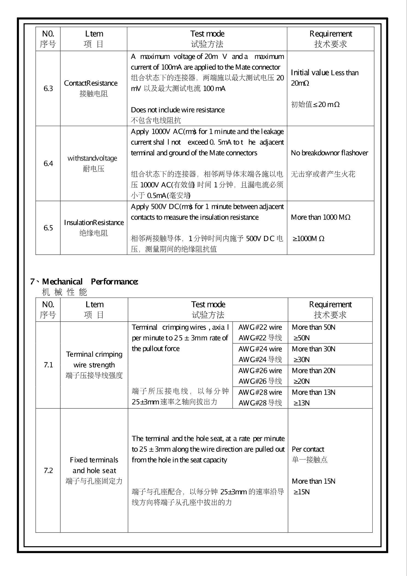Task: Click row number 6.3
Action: coord(48,88)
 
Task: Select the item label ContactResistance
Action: coord(91,83)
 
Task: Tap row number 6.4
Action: coord(48,163)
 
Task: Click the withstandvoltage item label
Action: coord(92,158)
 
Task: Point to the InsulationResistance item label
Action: coord(94,222)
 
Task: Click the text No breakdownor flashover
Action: coord(329,153)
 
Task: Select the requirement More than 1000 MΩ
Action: coord(321,217)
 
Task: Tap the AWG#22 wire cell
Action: coord(260,327)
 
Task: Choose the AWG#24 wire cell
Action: coord(260,349)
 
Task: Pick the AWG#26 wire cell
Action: coord(260,371)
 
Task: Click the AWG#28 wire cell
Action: coord(260,392)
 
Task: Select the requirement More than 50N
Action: coord(313,327)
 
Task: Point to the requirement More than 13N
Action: coord(313,392)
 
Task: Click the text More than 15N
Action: coord(313,481)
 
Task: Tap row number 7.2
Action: coord(48,470)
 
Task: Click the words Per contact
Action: coord(308,449)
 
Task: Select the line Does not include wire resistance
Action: coord(178,110)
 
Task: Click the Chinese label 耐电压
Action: coord(94,169)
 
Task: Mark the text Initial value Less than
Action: coord(325,73)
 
